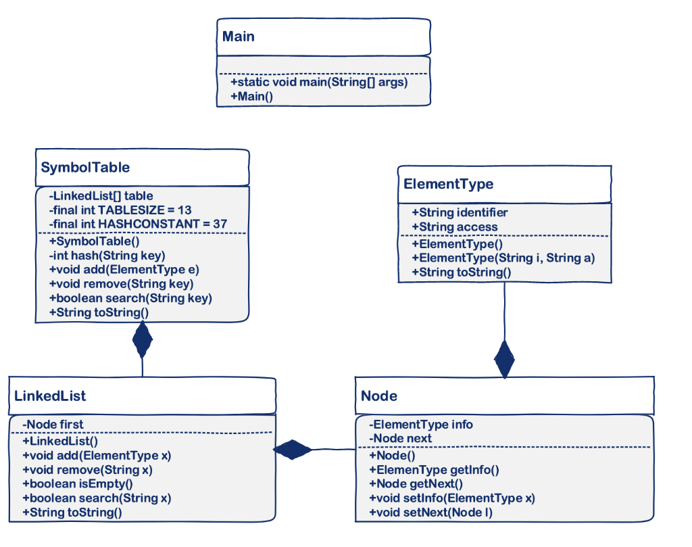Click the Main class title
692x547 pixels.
tap(239, 37)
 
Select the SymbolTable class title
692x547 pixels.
tap(85, 167)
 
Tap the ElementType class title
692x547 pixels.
tap(449, 184)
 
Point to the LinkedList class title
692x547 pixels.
tap(50, 396)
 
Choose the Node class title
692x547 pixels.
tap(379, 396)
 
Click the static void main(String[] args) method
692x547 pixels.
tap(319, 82)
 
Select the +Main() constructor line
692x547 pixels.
tap(251, 96)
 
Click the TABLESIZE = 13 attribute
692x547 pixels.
tap(120, 210)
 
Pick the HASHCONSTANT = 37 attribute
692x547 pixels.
tap(138, 224)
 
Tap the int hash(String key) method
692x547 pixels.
tap(107, 256)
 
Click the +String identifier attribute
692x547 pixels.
tap(460, 213)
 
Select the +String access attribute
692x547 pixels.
tap(455, 227)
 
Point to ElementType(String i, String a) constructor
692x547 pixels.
tap(503, 258)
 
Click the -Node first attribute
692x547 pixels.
tap(53, 425)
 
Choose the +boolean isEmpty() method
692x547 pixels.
tap(78, 484)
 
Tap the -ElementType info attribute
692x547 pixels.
tap(421, 425)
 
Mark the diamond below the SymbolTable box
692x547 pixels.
tap(142, 339)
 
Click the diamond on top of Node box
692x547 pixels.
tap(504, 359)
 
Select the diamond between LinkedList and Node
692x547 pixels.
tap(292, 450)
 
